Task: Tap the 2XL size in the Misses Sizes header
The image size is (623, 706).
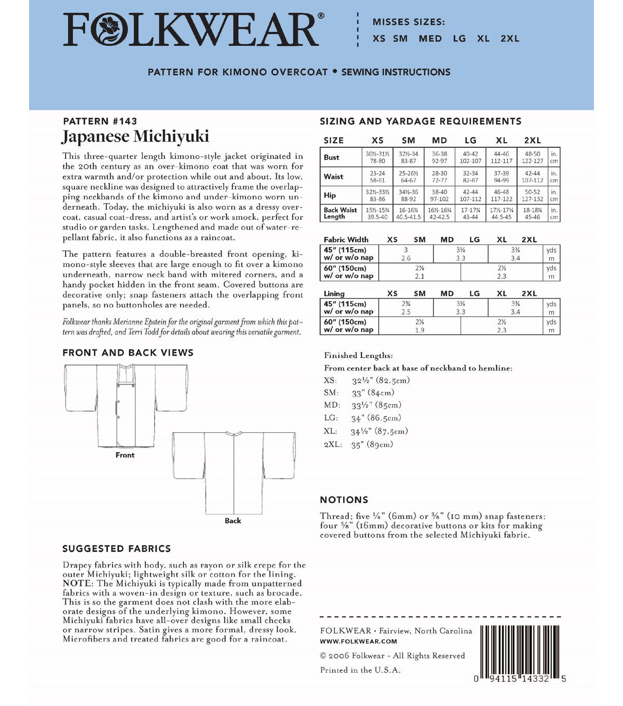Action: (510, 39)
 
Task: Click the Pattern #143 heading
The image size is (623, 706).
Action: (100, 121)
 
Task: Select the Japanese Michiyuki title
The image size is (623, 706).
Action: (136, 137)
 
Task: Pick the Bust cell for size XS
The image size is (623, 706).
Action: (377, 157)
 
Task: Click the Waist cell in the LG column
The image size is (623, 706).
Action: (470, 177)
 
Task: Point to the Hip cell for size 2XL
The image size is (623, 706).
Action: (532, 195)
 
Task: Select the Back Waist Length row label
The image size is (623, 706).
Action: (340, 213)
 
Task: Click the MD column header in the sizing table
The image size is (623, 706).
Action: (439, 140)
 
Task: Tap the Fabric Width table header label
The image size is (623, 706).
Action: (346, 240)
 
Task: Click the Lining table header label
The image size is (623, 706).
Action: (334, 294)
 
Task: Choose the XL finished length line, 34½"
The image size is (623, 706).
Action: (366, 431)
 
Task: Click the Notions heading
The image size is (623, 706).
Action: (344, 500)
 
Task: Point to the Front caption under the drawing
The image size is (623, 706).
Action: (125, 455)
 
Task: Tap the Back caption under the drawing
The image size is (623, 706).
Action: (233, 521)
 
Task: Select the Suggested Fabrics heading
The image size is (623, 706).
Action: (116, 549)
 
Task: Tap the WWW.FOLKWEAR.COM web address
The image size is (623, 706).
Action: (358, 642)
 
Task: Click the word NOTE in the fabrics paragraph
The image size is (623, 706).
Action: (76, 583)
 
